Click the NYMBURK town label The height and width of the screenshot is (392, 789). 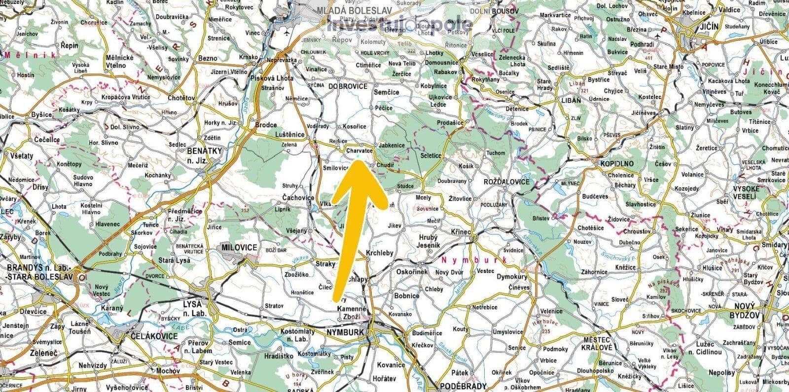345,332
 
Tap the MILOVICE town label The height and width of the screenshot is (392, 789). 240,247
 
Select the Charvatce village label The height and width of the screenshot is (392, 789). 359,150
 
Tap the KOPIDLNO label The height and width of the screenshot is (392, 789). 617,163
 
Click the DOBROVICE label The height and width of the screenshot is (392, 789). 348,86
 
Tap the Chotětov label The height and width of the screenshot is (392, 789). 181,98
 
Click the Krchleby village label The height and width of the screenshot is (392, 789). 380,253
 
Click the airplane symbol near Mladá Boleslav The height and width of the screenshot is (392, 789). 287,33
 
